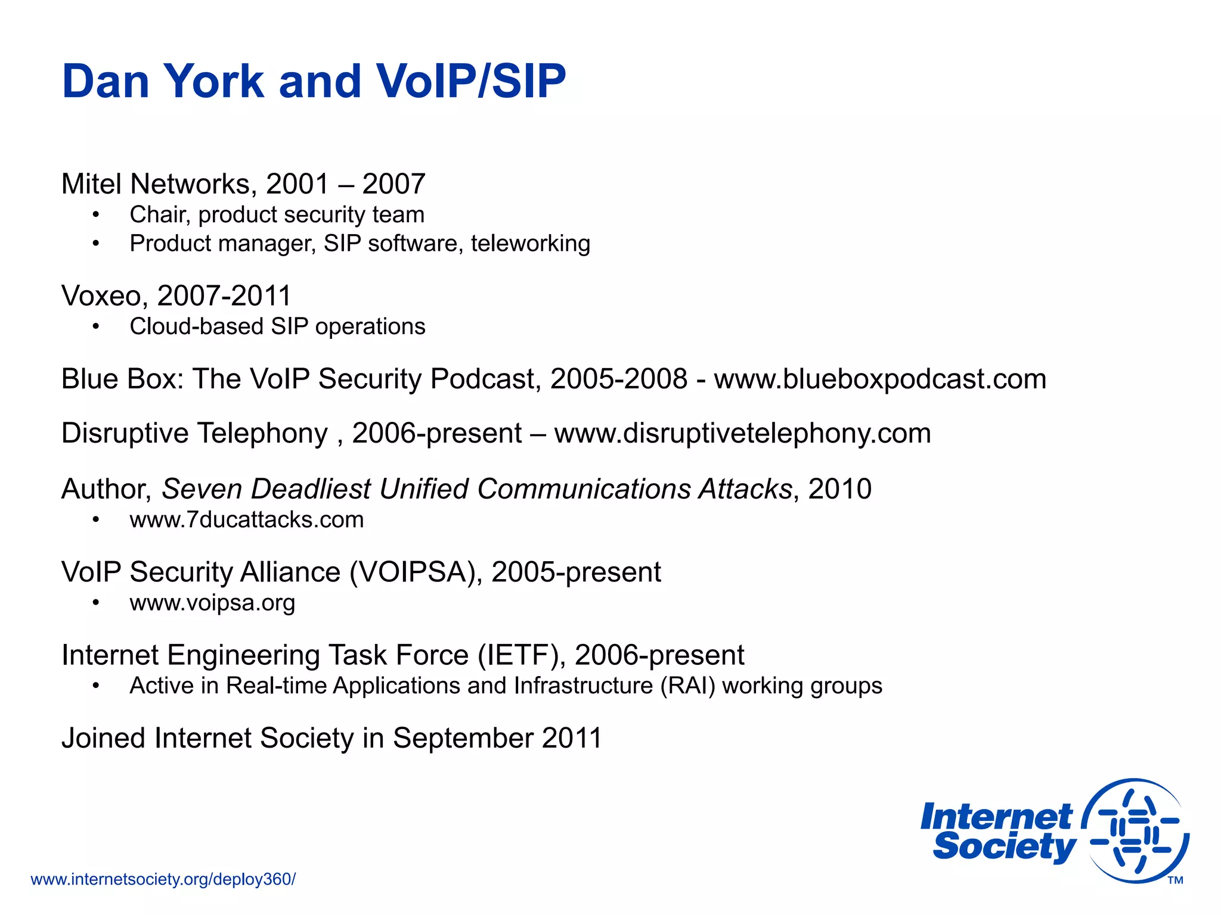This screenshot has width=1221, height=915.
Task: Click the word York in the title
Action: click(213, 81)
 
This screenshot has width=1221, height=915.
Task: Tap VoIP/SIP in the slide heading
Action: click(470, 81)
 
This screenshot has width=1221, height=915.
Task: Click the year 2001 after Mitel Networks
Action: click(297, 183)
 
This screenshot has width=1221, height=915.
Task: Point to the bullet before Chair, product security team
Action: click(96, 215)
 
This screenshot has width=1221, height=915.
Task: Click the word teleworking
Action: click(530, 244)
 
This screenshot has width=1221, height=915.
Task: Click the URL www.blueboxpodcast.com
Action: click(880, 379)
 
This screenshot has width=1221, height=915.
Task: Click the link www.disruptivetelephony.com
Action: click(742, 433)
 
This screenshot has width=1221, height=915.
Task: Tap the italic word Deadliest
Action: click(311, 489)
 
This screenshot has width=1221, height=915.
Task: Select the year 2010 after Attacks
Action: click(839, 489)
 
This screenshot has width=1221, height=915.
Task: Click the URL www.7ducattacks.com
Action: click(247, 520)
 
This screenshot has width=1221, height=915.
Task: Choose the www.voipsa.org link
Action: click(212, 603)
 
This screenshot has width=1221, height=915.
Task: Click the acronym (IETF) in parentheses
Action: click(522, 655)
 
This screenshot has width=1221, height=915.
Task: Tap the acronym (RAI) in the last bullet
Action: click(687, 686)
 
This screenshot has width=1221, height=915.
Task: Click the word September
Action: click(463, 738)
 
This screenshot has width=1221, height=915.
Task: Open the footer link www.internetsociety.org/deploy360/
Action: click(163, 879)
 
